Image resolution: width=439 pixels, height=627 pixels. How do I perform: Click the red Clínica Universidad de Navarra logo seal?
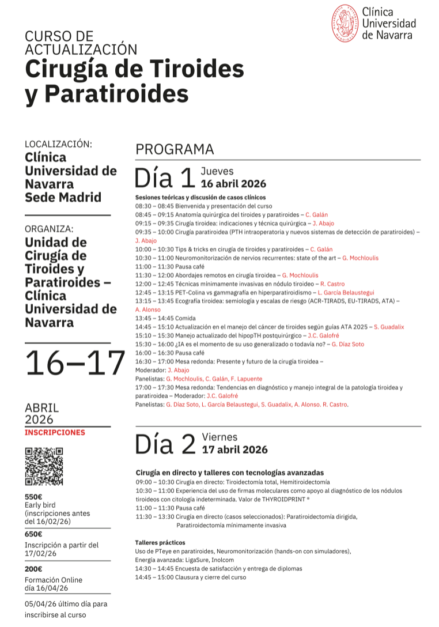pyautogui.click(x=345, y=23)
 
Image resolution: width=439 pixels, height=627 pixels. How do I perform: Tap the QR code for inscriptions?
pyautogui.click(x=44, y=466)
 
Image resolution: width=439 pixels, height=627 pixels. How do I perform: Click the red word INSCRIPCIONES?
pyautogui.click(x=55, y=432)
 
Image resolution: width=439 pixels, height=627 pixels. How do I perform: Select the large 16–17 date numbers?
pyautogui.click(x=75, y=363)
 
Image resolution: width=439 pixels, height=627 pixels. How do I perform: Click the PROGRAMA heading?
pyautogui.click(x=175, y=150)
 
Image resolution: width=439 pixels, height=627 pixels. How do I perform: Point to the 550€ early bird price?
pyautogui.click(x=33, y=497)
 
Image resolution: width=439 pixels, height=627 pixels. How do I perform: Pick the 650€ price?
pyautogui.click(x=33, y=534)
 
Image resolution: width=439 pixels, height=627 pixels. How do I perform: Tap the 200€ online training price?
pyautogui.click(x=33, y=569)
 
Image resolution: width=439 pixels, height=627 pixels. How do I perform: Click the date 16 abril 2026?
pyautogui.click(x=233, y=184)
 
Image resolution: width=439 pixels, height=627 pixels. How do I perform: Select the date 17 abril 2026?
pyautogui.click(x=234, y=450)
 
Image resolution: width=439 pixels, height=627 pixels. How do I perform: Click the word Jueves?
pyautogui.click(x=217, y=171)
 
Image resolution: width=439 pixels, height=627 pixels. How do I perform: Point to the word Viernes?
pyautogui.click(x=219, y=437)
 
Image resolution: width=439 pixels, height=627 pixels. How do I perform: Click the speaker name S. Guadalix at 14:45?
pyautogui.click(x=389, y=327)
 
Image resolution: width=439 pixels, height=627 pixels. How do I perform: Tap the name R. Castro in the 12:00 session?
pyautogui.click(x=332, y=284)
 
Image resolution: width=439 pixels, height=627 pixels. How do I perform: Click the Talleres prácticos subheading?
pyautogui.click(x=160, y=543)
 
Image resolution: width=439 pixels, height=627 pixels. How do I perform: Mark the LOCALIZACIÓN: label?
pyautogui.click(x=59, y=144)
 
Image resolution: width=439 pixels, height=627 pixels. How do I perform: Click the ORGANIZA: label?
pyautogui.click(x=50, y=229)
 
